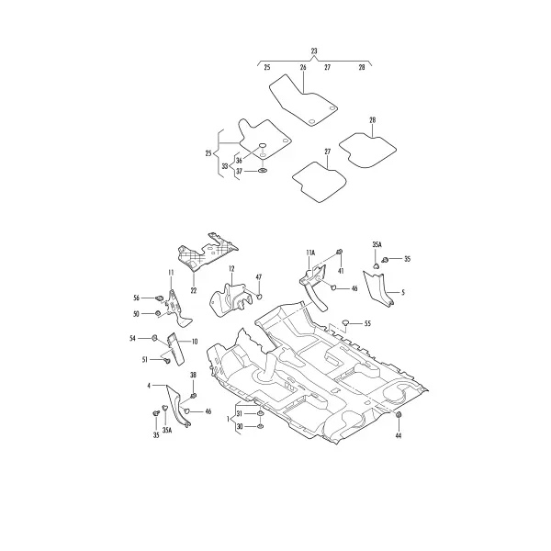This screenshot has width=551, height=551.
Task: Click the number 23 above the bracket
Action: (314, 51)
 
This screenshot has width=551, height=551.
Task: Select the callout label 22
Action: (194, 291)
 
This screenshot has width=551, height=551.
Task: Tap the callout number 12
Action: (231, 269)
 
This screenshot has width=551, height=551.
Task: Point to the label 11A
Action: (310, 253)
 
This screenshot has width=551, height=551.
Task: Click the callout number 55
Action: (367, 323)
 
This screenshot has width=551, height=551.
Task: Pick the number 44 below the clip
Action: (399, 435)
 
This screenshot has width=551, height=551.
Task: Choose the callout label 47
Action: (259, 277)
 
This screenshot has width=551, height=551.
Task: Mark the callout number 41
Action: (341, 271)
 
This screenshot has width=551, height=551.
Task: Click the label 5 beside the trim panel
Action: (403, 292)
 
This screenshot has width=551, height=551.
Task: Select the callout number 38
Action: (193, 376)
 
